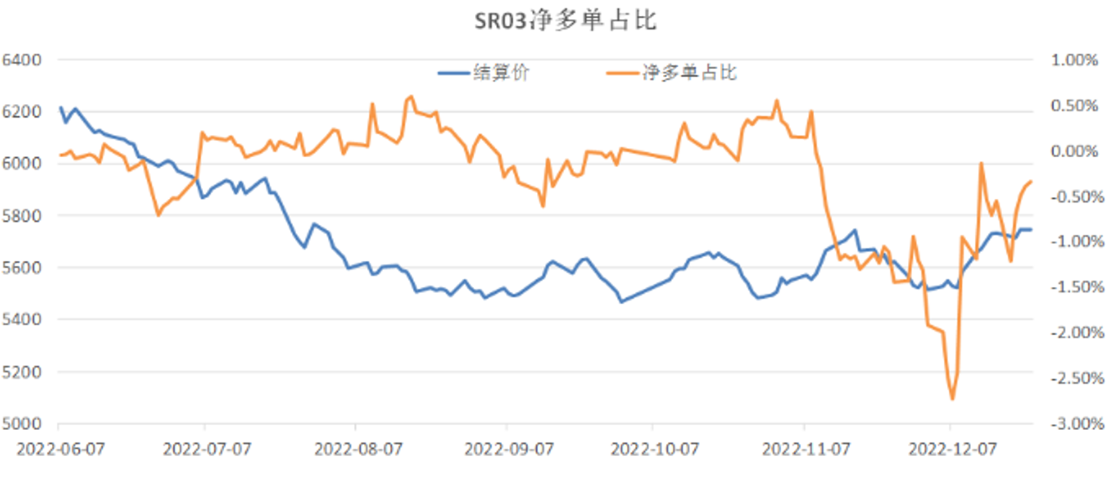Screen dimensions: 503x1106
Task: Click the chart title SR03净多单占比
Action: pyautogui.click(x=553, y=21)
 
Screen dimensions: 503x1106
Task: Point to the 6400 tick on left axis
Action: pyautogui.click(x=22, y=60)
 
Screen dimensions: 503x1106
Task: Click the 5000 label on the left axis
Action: pyautogui.click(x=22, y=424)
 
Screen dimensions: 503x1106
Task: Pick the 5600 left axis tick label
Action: pyautogui.click(x=22, y=268)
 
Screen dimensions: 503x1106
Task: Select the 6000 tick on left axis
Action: pyautogui.click(x=22, y=164)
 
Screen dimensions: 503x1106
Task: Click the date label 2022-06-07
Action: pyautogui.click(x=60, y=448)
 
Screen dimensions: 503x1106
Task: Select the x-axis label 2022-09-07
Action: pyautogui.click(x=507, y=448)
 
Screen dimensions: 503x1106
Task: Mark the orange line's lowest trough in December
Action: pyautogui.click(x=952, y=399)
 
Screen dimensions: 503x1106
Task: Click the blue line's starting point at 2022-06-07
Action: pyautogui.click(x=60, y=107)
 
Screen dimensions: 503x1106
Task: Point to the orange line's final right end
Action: pyautogui.click(x=1031, y=181)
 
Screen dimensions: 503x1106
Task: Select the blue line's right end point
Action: pyautogui.click(x=1031, y=229)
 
